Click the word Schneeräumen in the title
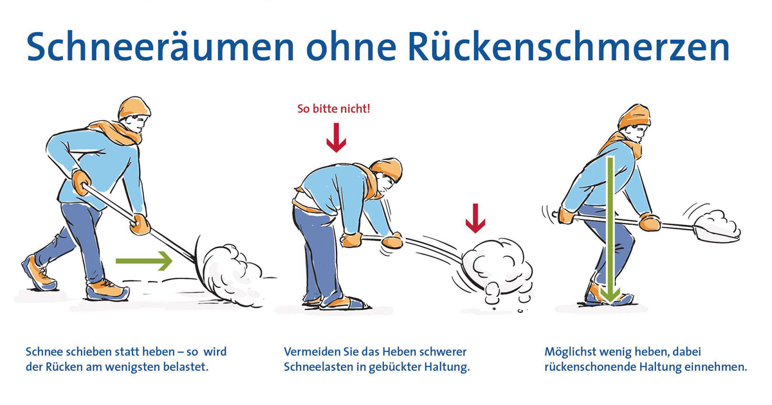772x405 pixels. (x=160, y=47)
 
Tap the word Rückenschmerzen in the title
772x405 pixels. (x=569, y=47)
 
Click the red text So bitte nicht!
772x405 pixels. (x=334, y=109)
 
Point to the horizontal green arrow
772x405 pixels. (x=143, y=261)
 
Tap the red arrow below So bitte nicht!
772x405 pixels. (x=336, y=138)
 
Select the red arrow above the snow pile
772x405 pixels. (x=475, y=219)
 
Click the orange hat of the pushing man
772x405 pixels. (x=134, y=108)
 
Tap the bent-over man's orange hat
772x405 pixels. (x=387, y=170)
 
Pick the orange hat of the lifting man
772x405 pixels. (x=634, y=116)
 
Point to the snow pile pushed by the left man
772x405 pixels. (x=232, y=275)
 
